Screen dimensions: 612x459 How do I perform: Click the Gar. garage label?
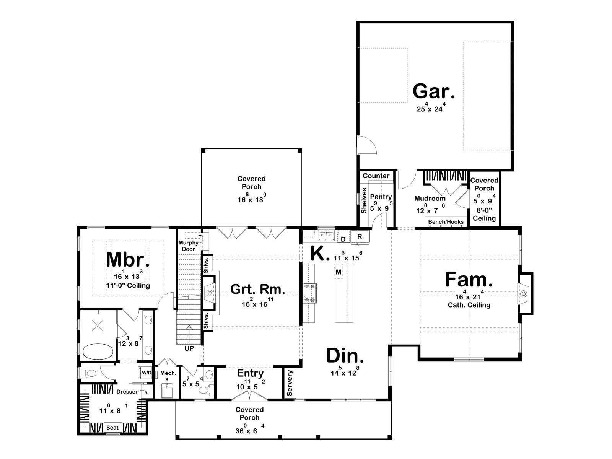[433, 91]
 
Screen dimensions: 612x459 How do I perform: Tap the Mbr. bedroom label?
[128, 259]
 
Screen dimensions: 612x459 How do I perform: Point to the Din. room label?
[345, 356]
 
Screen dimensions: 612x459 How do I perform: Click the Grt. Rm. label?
[258, 289]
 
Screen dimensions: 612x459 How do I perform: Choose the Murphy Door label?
[189, 246]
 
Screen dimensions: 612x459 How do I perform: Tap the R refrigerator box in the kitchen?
[360, 237]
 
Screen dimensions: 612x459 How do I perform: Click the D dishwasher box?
[343, 239]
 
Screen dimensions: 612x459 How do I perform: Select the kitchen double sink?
[327, 236]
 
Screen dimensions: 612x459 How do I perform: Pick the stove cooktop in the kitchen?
[310, 293]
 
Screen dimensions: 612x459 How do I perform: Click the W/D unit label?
[146, 373]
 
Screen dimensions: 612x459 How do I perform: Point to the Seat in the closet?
[112, 428]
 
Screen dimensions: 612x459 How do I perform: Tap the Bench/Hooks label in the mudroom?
[446, 222]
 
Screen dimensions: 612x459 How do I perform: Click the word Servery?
[290, 383]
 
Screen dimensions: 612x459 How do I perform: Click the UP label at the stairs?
[189, 348]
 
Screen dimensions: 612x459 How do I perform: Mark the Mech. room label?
[168, 373]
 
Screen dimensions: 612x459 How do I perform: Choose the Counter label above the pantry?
[376, 176]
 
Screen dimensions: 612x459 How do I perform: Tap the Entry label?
[251, 373]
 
